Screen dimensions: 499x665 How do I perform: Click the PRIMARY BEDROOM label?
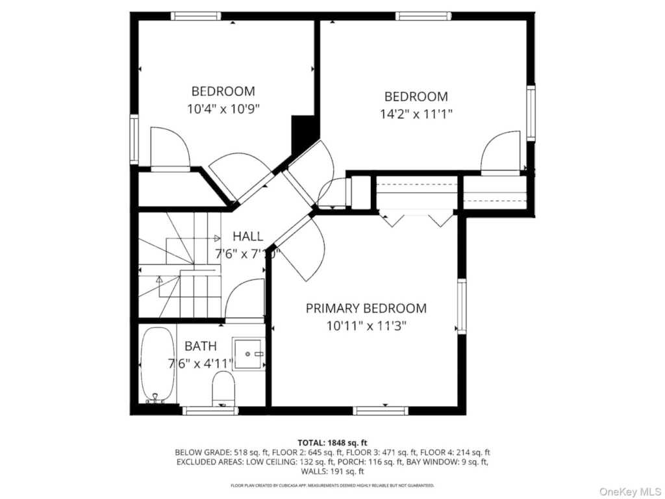point(366,308)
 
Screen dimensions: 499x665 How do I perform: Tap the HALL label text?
point(248,237)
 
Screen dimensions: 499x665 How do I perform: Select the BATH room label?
point(201,346)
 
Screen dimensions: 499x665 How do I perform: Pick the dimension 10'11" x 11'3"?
point(366,326)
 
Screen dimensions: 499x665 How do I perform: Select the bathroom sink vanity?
point(249,354)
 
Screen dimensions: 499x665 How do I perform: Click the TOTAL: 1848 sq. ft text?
point(332,442)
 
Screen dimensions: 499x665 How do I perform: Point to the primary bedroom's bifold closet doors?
point(416,220)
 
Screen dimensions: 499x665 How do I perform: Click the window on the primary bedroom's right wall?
point(462,306)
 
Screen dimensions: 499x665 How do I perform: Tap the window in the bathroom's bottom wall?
point(210,410)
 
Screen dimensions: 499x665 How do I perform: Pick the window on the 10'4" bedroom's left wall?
point(134,138)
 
